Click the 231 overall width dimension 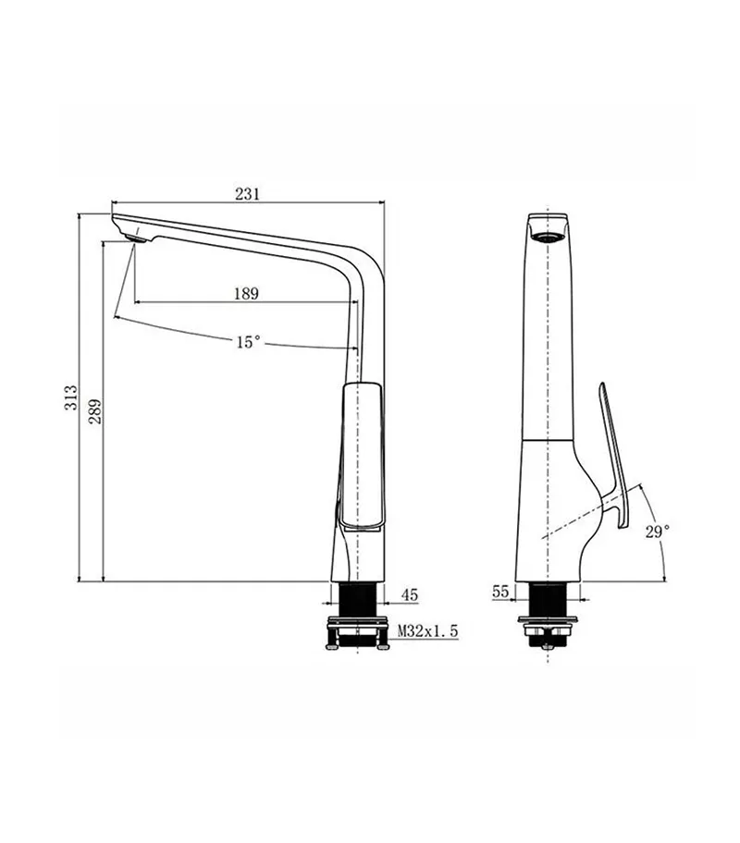tap(246, 193)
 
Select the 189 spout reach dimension tap(245, 293)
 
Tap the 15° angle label tap(247, 342)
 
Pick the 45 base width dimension tap(409, 596)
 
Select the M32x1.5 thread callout tap(427, 630)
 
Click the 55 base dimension tap(501, 592)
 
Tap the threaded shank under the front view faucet tap(551, 598)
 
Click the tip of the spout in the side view tap(116, 219)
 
